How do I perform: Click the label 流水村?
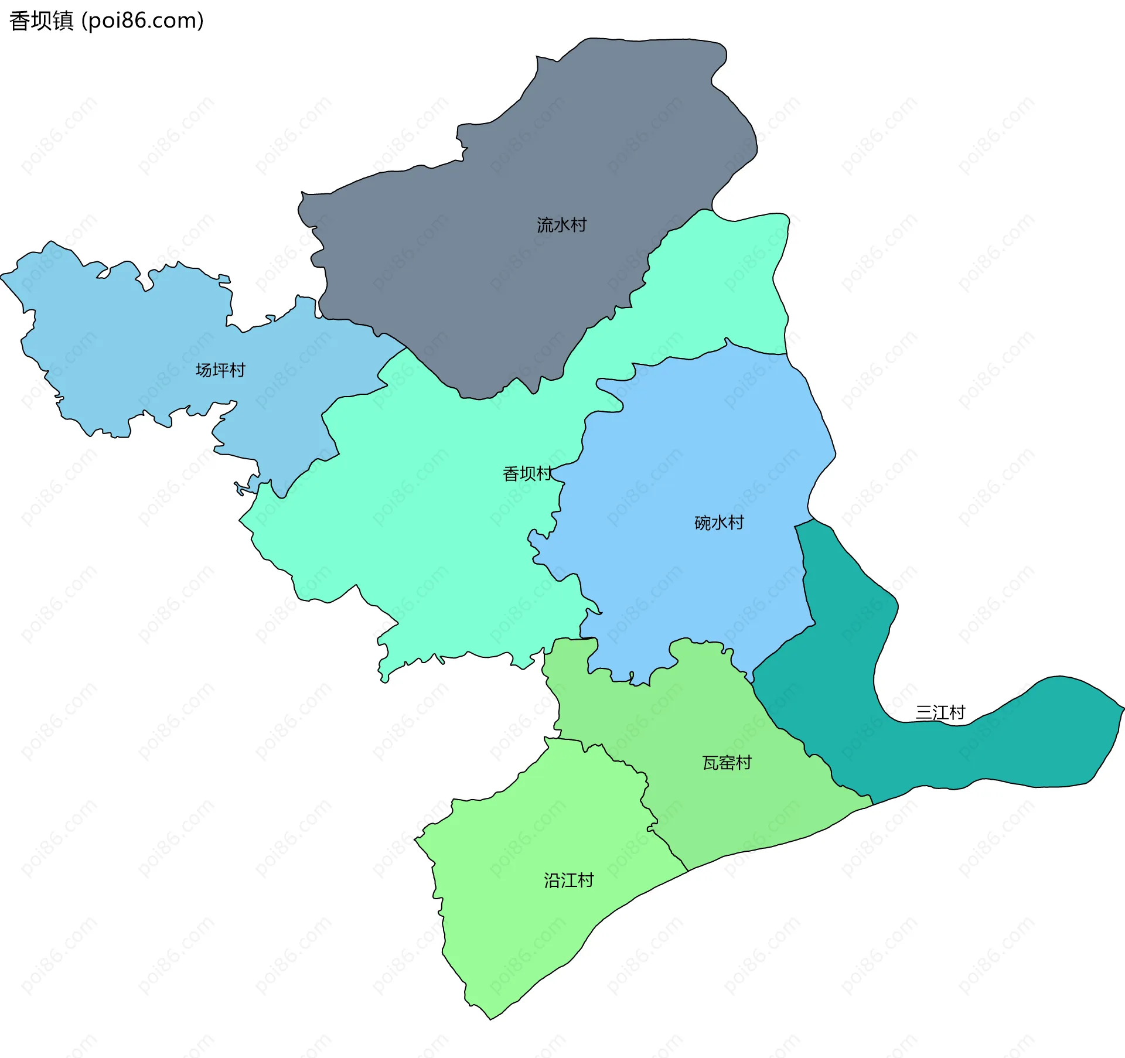561,225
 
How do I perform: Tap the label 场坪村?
220,370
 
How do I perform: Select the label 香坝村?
527,473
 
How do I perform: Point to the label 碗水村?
719,523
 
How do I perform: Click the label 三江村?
940,713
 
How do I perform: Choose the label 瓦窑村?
727,763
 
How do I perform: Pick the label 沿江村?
568,880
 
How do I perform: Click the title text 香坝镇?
41,21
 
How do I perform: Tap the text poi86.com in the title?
142,21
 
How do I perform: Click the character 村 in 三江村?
957,713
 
